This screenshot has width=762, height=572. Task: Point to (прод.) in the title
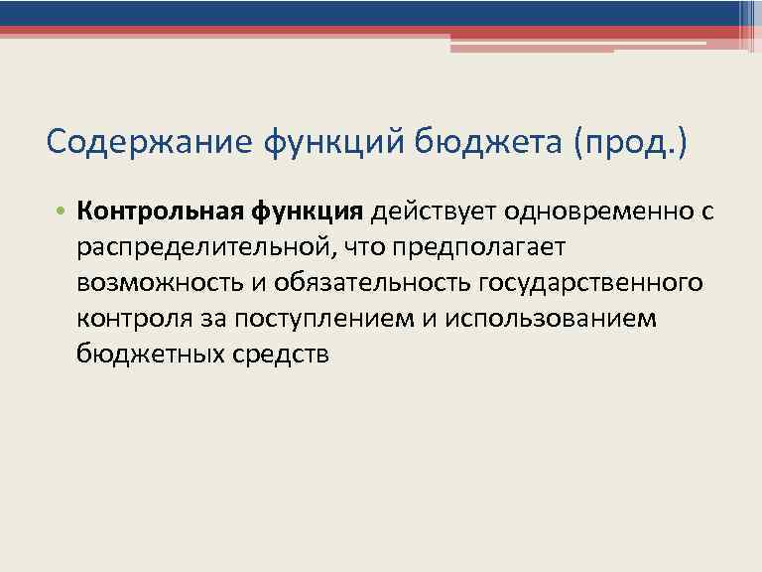click(x=628, y=142)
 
